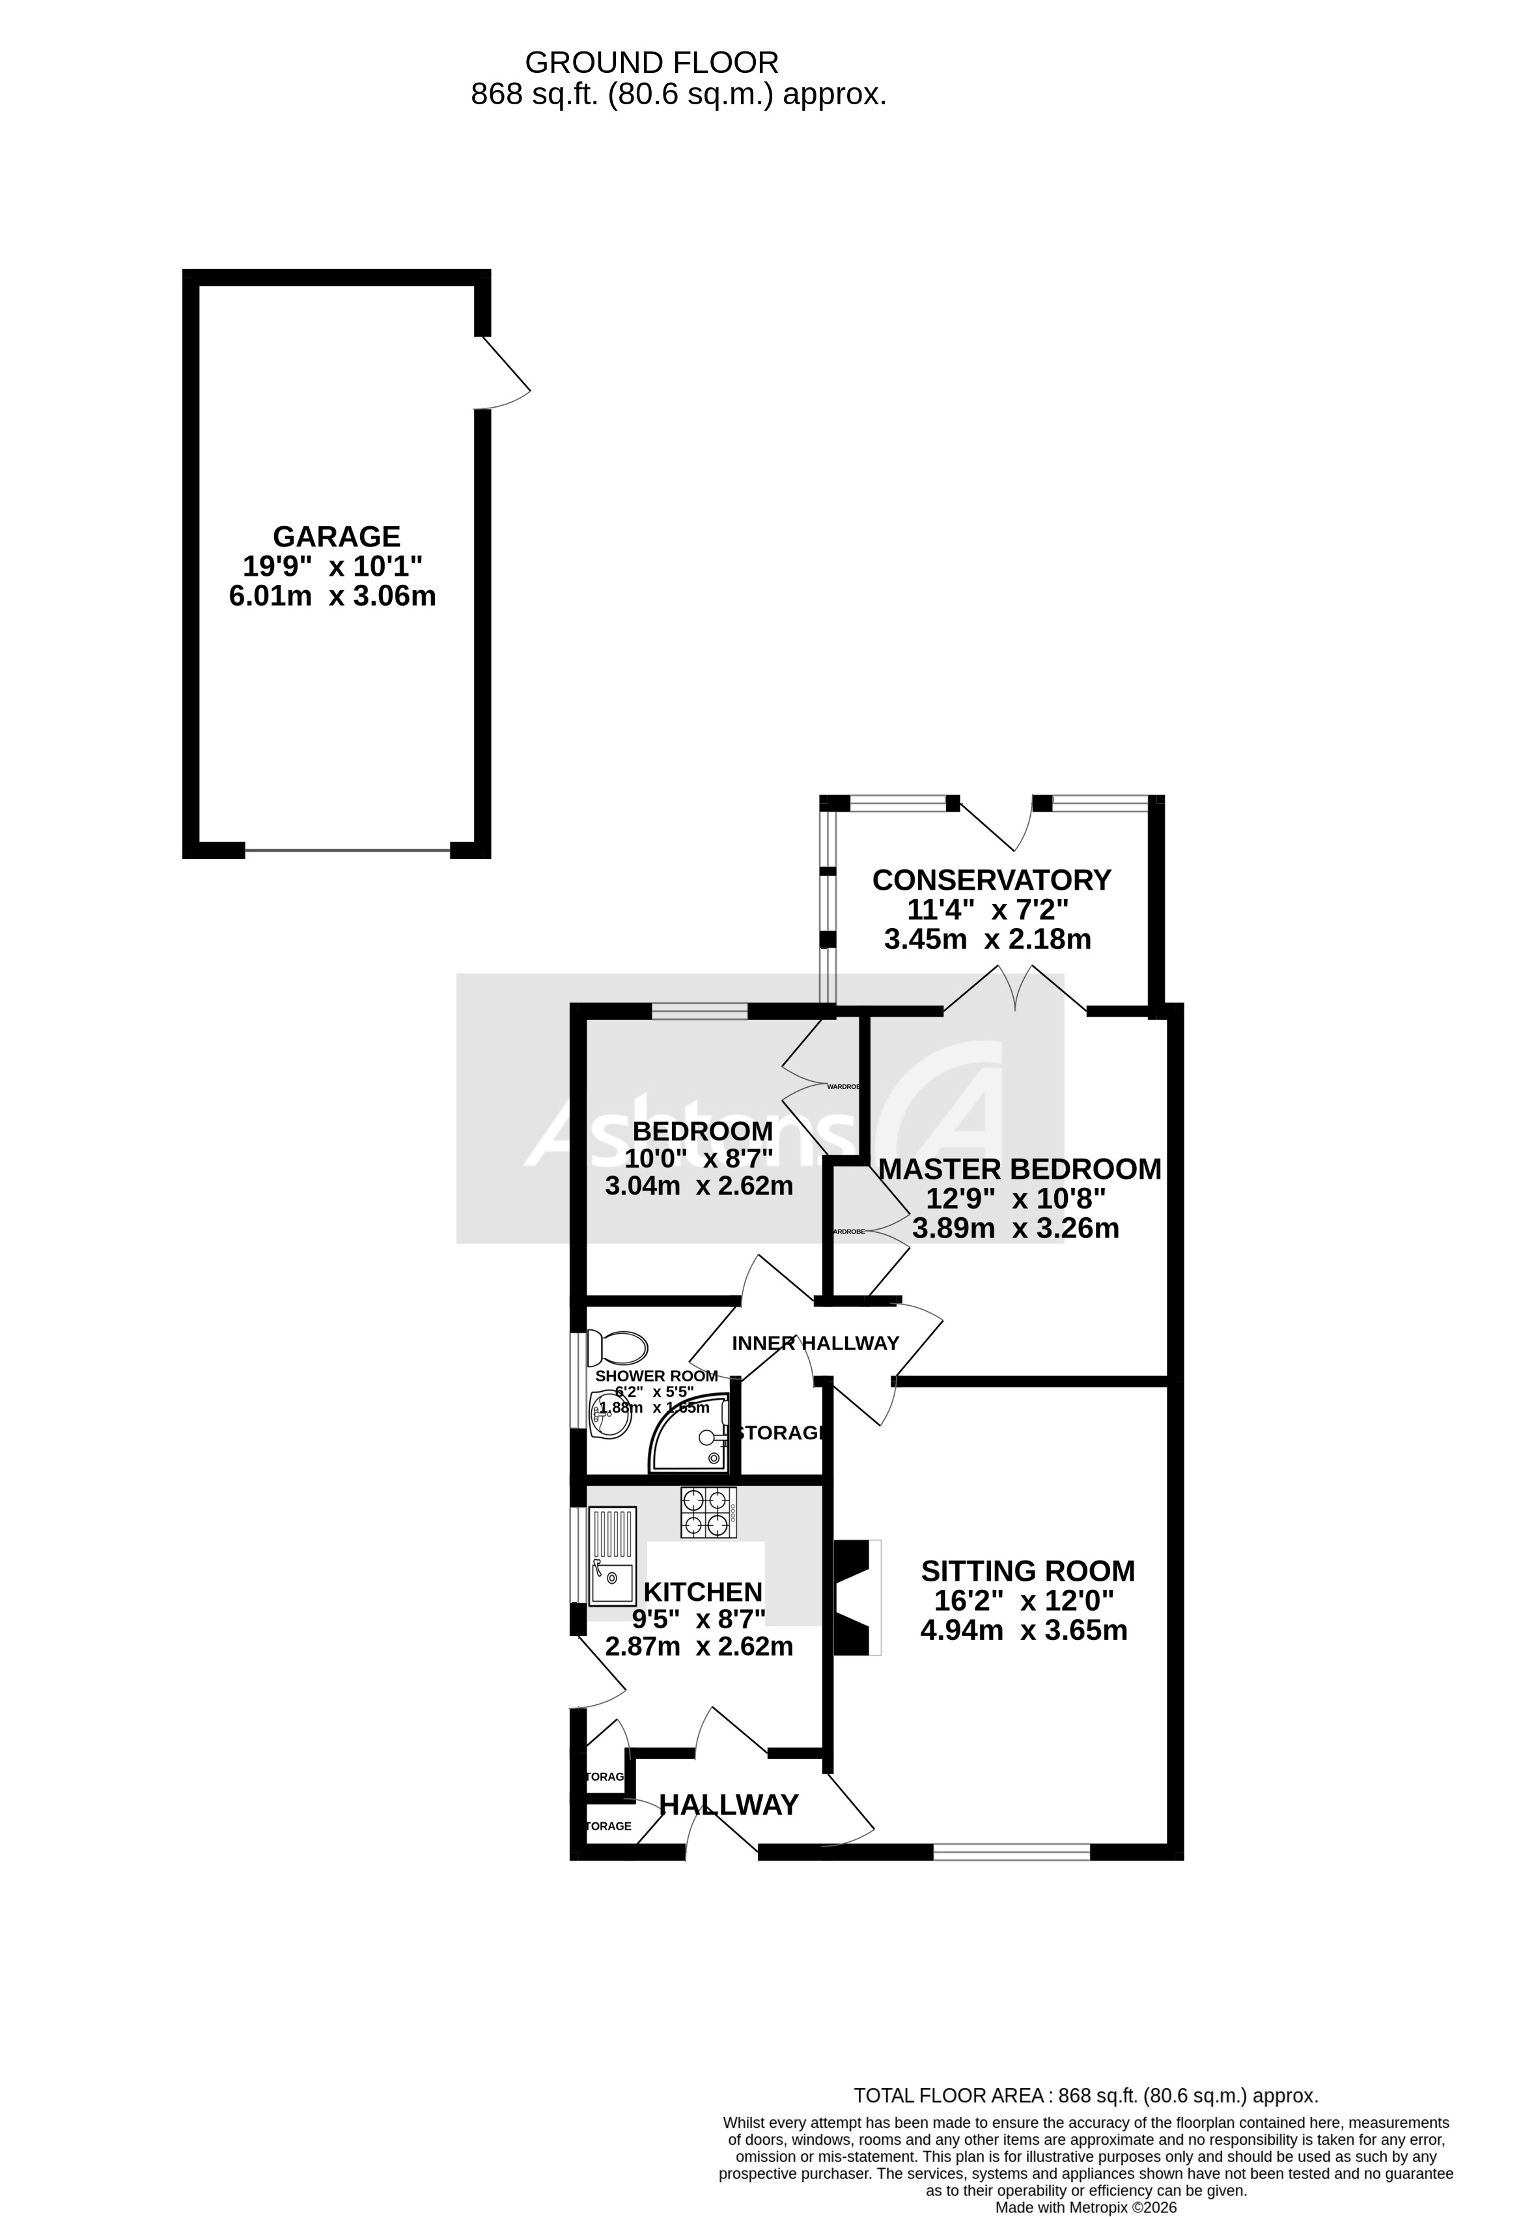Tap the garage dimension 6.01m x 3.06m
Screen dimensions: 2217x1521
click(332, 596)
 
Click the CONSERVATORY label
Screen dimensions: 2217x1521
click(991, 879)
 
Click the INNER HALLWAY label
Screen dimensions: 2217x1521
click(815, 1343)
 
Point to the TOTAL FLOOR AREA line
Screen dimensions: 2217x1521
click(1085, 2096)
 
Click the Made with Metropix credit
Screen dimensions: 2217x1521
click(1085, 2207)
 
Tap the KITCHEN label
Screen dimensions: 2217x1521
click(703, 1592)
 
